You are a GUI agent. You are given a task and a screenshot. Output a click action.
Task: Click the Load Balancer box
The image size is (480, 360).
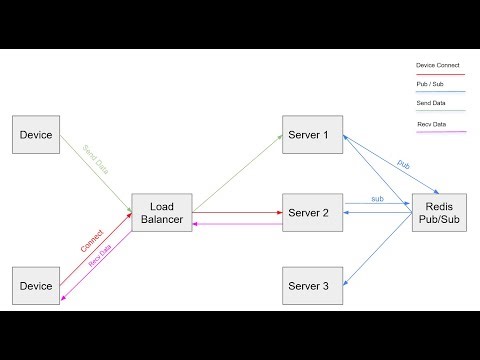(x=161, y=211)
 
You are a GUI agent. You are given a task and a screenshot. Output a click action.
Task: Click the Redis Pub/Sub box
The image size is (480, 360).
(x=437, y=211)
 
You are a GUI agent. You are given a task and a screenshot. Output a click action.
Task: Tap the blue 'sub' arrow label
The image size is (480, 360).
(x=378, y=199)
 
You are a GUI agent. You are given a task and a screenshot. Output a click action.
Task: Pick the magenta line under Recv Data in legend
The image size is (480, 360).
(x=440, y=131)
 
